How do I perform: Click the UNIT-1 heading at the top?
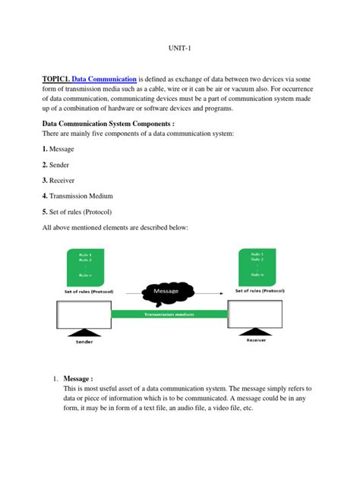180,48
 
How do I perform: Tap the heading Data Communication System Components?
109,123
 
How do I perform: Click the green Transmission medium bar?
172,313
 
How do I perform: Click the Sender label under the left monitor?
84,342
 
